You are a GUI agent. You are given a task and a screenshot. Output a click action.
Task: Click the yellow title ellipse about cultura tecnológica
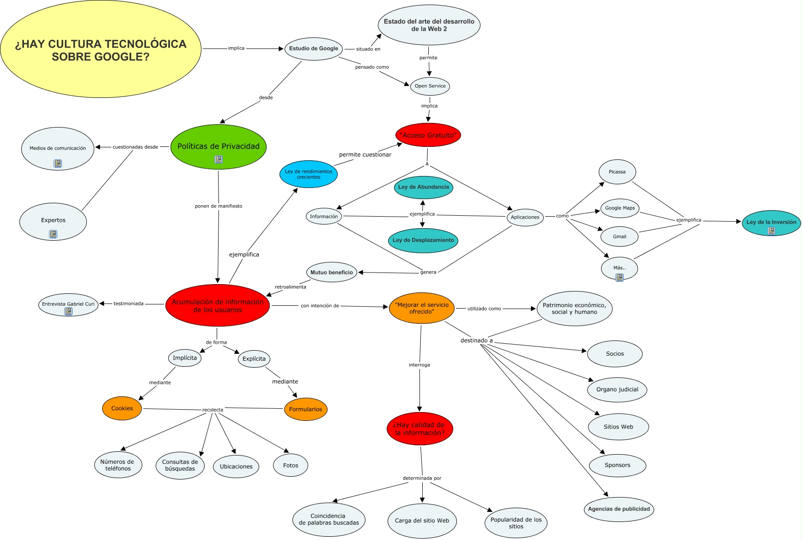101,49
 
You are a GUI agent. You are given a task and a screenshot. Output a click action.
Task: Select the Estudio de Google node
313,49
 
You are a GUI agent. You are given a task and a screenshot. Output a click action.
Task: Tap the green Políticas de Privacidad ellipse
218,146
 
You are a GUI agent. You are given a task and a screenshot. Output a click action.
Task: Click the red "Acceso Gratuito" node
428,135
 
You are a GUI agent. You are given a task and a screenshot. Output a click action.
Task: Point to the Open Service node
430,86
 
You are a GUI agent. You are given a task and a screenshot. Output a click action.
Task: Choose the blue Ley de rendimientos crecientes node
308,174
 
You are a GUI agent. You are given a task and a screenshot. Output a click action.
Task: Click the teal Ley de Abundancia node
423,187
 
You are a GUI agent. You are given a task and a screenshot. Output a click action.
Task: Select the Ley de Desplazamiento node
423,240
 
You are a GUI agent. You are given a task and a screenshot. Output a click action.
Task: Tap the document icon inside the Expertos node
53,234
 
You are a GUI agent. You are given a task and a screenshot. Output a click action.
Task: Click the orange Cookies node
122,408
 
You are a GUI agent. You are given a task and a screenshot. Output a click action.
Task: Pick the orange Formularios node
305,409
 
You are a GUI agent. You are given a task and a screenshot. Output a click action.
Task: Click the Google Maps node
620,208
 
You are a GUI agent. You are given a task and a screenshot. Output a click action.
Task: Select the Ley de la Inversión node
771,222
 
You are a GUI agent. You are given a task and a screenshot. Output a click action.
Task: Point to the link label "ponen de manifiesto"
219,206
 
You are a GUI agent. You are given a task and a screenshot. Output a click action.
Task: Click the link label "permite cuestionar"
365,155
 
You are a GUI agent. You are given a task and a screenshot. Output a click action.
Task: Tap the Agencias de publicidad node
619,509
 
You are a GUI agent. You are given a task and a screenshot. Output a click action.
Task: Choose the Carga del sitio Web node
422,521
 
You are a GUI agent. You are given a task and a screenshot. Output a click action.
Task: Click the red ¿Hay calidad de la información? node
419,429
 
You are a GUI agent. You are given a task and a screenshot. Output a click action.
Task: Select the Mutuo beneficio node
331,273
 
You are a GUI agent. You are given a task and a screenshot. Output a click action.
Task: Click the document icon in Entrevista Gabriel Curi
68,311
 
